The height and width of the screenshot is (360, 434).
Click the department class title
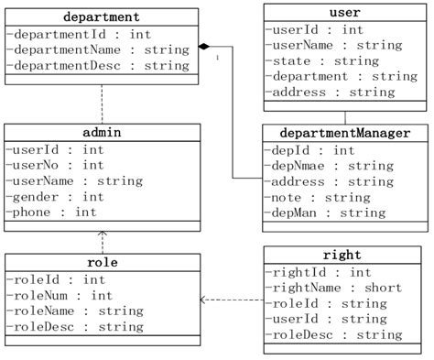pos(102,16)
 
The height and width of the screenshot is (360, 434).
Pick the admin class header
pos(102,133)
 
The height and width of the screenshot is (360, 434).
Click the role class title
pos(102,263)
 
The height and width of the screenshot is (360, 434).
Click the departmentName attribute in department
pos(97,49)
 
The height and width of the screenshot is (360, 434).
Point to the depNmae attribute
pos(317,166)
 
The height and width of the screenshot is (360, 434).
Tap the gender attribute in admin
pos(54,196)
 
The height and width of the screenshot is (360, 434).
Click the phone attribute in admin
pos(50,212)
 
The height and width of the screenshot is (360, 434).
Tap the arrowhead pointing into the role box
pos(203,300)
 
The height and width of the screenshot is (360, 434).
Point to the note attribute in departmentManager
pos(306,197)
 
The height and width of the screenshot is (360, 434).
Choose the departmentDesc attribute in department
pos(97,65)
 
